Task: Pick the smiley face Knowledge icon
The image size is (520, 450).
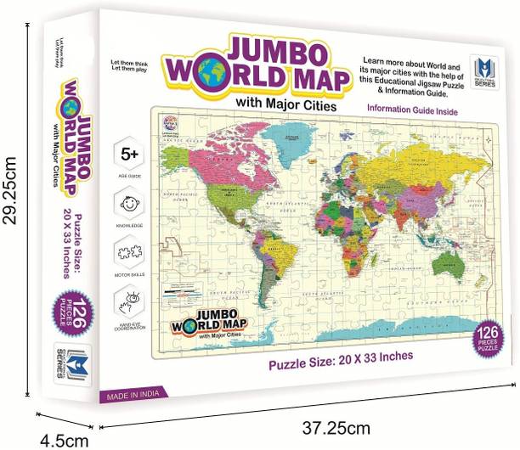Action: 131,204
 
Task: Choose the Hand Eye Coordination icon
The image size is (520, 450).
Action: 131,303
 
